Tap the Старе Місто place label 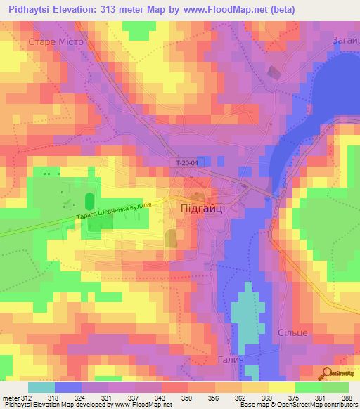click(x=56, y=41)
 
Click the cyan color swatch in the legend click(x=41, y=387)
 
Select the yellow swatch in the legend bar click(x=281, y=387)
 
